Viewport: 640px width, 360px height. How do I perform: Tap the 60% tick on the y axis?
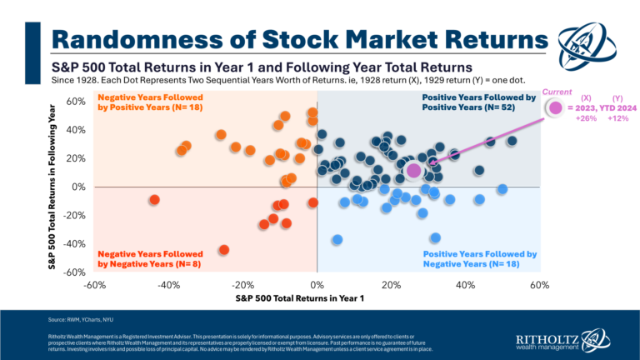(77, 102)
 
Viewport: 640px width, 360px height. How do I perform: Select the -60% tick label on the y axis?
(75, 272)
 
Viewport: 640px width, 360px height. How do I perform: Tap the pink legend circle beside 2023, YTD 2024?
(555, 107)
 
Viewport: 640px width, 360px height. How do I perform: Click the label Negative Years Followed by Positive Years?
(150, 102)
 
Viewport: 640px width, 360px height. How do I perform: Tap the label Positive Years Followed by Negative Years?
(480, 258)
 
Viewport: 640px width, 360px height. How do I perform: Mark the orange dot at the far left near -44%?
(154, 200)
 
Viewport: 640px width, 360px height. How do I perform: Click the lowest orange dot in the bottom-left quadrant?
(223, 250)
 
